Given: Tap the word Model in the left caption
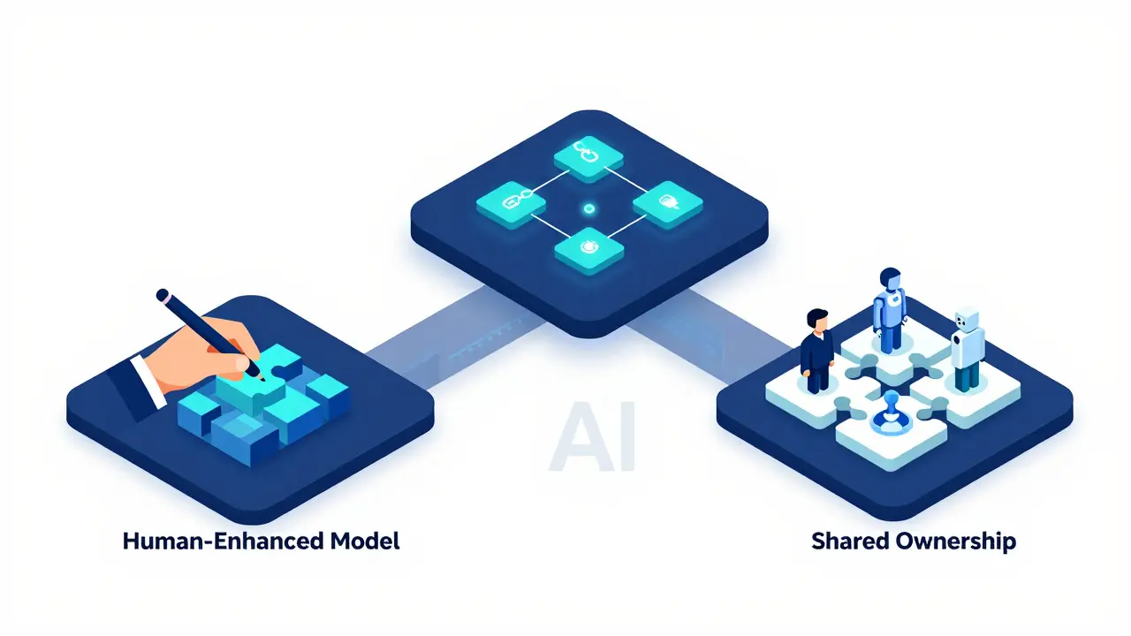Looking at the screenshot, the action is (365, 541).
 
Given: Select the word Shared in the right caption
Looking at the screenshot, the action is (850, 541).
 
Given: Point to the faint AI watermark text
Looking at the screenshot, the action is (592, 436).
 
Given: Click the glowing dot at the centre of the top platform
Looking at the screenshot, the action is (588, 208).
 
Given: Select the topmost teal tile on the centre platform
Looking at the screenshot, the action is (588, 157).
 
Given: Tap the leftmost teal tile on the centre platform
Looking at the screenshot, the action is (511, 203).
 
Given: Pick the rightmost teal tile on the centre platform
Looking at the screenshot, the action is (667, 203).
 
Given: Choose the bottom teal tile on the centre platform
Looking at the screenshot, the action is (588, 250).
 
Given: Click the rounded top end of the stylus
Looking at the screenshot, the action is (163, 295).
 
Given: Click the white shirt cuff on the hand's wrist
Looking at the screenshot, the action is (148, 381).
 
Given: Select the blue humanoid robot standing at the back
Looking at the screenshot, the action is (890, 310).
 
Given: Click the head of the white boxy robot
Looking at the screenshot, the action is (967, 319).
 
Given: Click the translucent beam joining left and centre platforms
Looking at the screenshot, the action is (454, 338).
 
